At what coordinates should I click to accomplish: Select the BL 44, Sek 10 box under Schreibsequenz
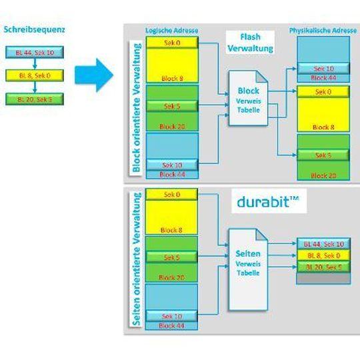[35, 51]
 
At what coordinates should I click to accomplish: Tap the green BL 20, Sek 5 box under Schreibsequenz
[35, 99]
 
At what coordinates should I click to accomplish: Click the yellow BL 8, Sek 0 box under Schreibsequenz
[35, 75]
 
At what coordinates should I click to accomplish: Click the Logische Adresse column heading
[171, 31]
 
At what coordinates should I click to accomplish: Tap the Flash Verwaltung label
[250, 43]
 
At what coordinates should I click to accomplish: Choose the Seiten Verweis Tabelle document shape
[249, 256]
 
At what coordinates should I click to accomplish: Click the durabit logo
[269, 203]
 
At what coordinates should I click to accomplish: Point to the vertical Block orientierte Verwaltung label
[136, 107]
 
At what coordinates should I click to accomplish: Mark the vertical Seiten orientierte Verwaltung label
[136, 260]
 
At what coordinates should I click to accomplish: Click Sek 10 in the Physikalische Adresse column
[323, 68]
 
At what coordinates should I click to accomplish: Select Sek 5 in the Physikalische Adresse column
[323, 155]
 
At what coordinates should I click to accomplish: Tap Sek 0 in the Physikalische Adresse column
[323, 92]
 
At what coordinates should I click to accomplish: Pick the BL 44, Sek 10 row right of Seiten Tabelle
[323, 244]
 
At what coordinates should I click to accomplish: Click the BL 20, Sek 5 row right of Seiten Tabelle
[323, 267]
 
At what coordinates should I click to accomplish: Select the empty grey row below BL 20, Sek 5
[323, 278]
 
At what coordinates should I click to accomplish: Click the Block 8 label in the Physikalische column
[323, 126]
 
